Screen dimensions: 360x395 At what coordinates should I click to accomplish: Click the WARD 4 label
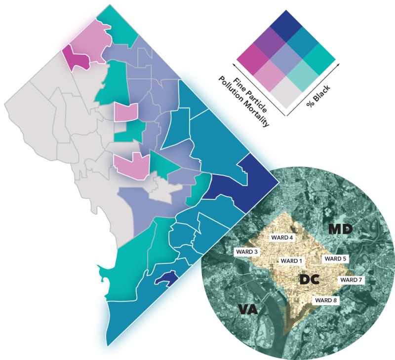282,237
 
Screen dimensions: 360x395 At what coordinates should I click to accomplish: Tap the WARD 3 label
247,252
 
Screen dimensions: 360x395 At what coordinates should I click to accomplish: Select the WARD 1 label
291,260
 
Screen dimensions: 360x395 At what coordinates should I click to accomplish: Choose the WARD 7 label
351,280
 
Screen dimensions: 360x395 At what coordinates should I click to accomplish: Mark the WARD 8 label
325,299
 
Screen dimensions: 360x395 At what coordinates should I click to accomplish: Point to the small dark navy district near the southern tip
165,279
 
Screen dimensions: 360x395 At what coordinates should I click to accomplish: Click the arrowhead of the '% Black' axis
339,64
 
